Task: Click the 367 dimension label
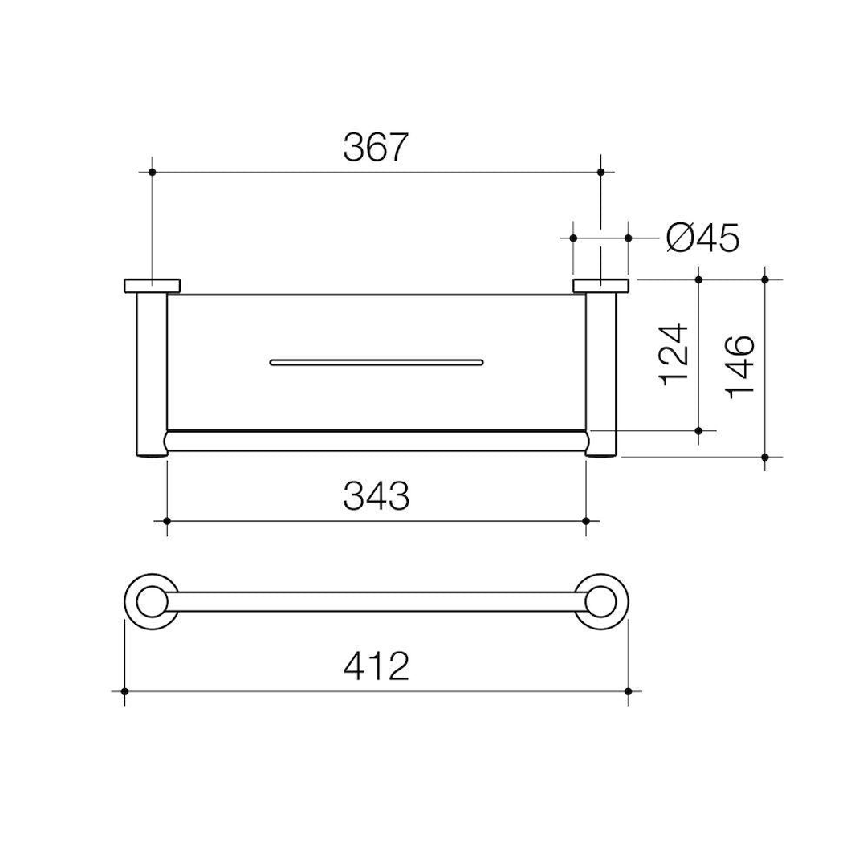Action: (377, 148)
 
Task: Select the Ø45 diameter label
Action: (702, 238)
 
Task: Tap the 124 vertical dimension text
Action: (673, 354)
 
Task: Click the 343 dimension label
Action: (377, 497)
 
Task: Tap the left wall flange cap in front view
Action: (152, 285)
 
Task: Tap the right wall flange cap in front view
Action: (600, 285)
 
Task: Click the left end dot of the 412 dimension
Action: (124, 690)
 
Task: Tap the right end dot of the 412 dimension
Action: (629, 690)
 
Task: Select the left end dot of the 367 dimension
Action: (152, 172)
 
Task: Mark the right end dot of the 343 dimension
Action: (586, 521)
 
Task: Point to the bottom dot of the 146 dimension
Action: (765, 457)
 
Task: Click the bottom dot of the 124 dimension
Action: (699, 431)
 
